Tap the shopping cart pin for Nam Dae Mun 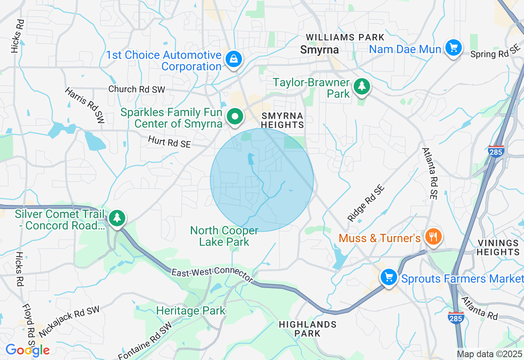453,48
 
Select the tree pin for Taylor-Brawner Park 361,86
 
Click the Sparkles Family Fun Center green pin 235,117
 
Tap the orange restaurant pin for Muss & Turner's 432,236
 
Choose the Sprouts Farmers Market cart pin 389,277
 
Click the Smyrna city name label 319,50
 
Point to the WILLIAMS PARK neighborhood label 345,38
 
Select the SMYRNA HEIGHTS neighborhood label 282,121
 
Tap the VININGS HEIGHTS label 498,248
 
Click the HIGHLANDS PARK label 307,329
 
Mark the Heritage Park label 191,311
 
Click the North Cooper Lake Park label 224,236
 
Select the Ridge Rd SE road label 366,203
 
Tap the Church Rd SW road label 137,89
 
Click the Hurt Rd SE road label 169,142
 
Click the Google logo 27,350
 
